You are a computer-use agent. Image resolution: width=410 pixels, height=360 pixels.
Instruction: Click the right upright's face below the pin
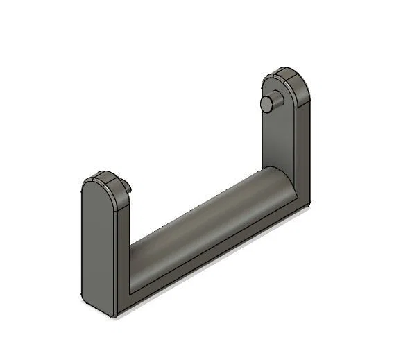tap(277, 146)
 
